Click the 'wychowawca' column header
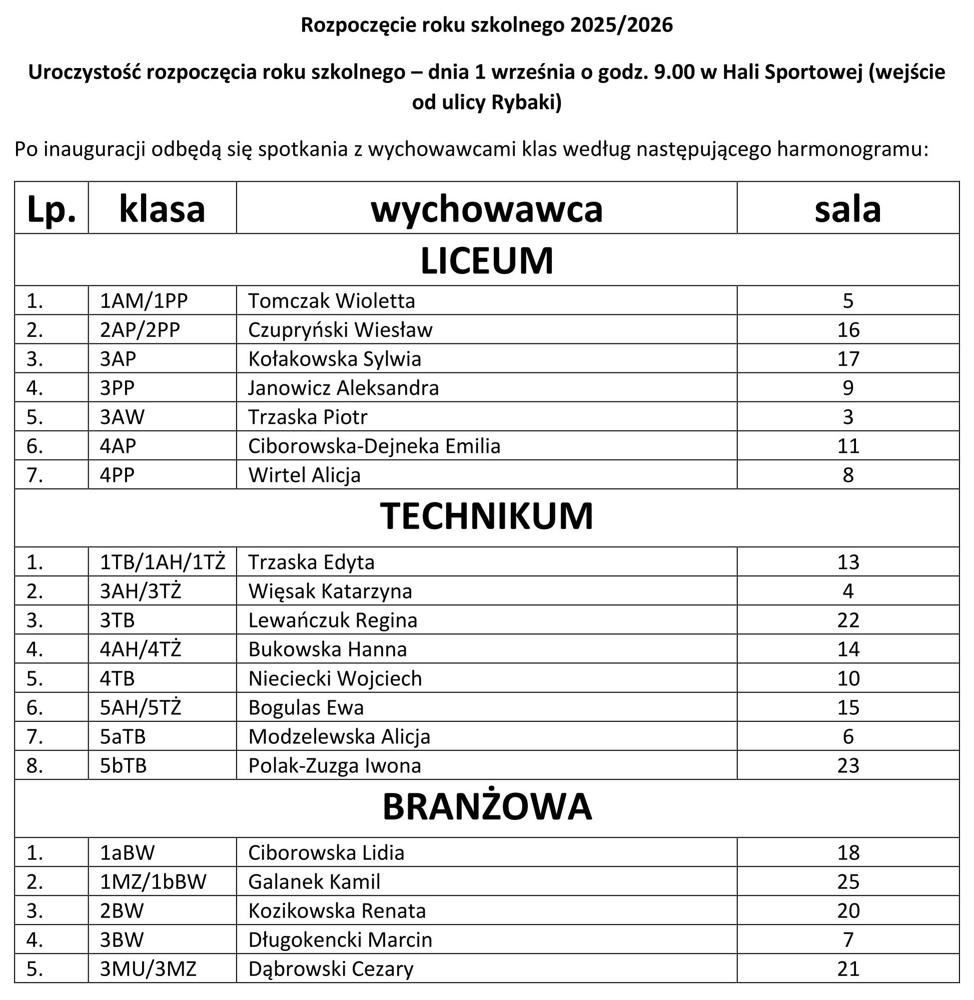coord(486,209)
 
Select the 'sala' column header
coord(847,209)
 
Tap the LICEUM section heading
coord(486,261)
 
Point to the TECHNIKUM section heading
coord(486,516)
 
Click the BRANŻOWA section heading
coord(486,807)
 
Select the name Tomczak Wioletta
coord(332,301)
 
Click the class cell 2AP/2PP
coord(140,330)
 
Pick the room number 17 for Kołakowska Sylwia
coord(847,359)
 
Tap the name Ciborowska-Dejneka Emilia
coord(374,446)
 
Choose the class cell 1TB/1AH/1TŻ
coord(162,563)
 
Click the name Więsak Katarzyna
coord(330,592)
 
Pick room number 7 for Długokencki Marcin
coord(847,940)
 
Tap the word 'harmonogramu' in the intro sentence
coord(852,150)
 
